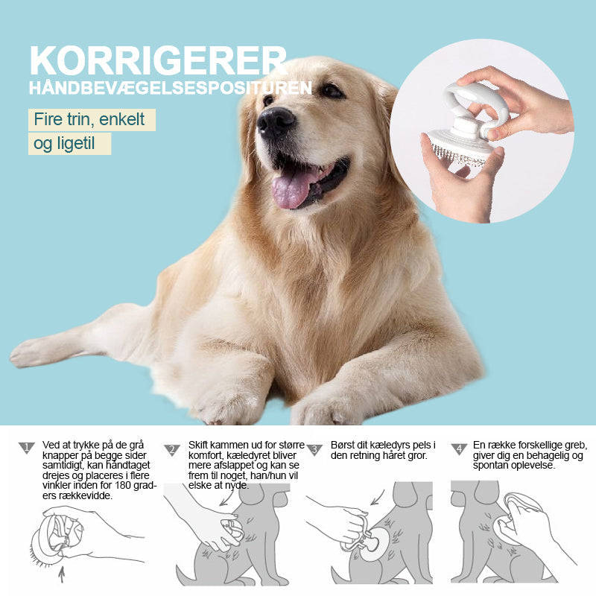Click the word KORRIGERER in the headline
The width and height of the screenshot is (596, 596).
(x=158, y=61)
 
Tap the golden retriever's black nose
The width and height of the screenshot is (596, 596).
(x=276, y=121)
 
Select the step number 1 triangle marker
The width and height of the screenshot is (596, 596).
(x=27, y=448)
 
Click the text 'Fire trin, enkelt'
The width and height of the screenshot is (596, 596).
(x=89, y=119)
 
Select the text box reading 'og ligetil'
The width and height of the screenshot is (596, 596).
(x=69, y=144)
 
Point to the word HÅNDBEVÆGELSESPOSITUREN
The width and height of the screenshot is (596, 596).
(x=171, y=88)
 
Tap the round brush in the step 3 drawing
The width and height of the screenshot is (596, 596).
(x=375, y=545)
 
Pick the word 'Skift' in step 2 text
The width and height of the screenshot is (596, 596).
(x=198, y=445)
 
